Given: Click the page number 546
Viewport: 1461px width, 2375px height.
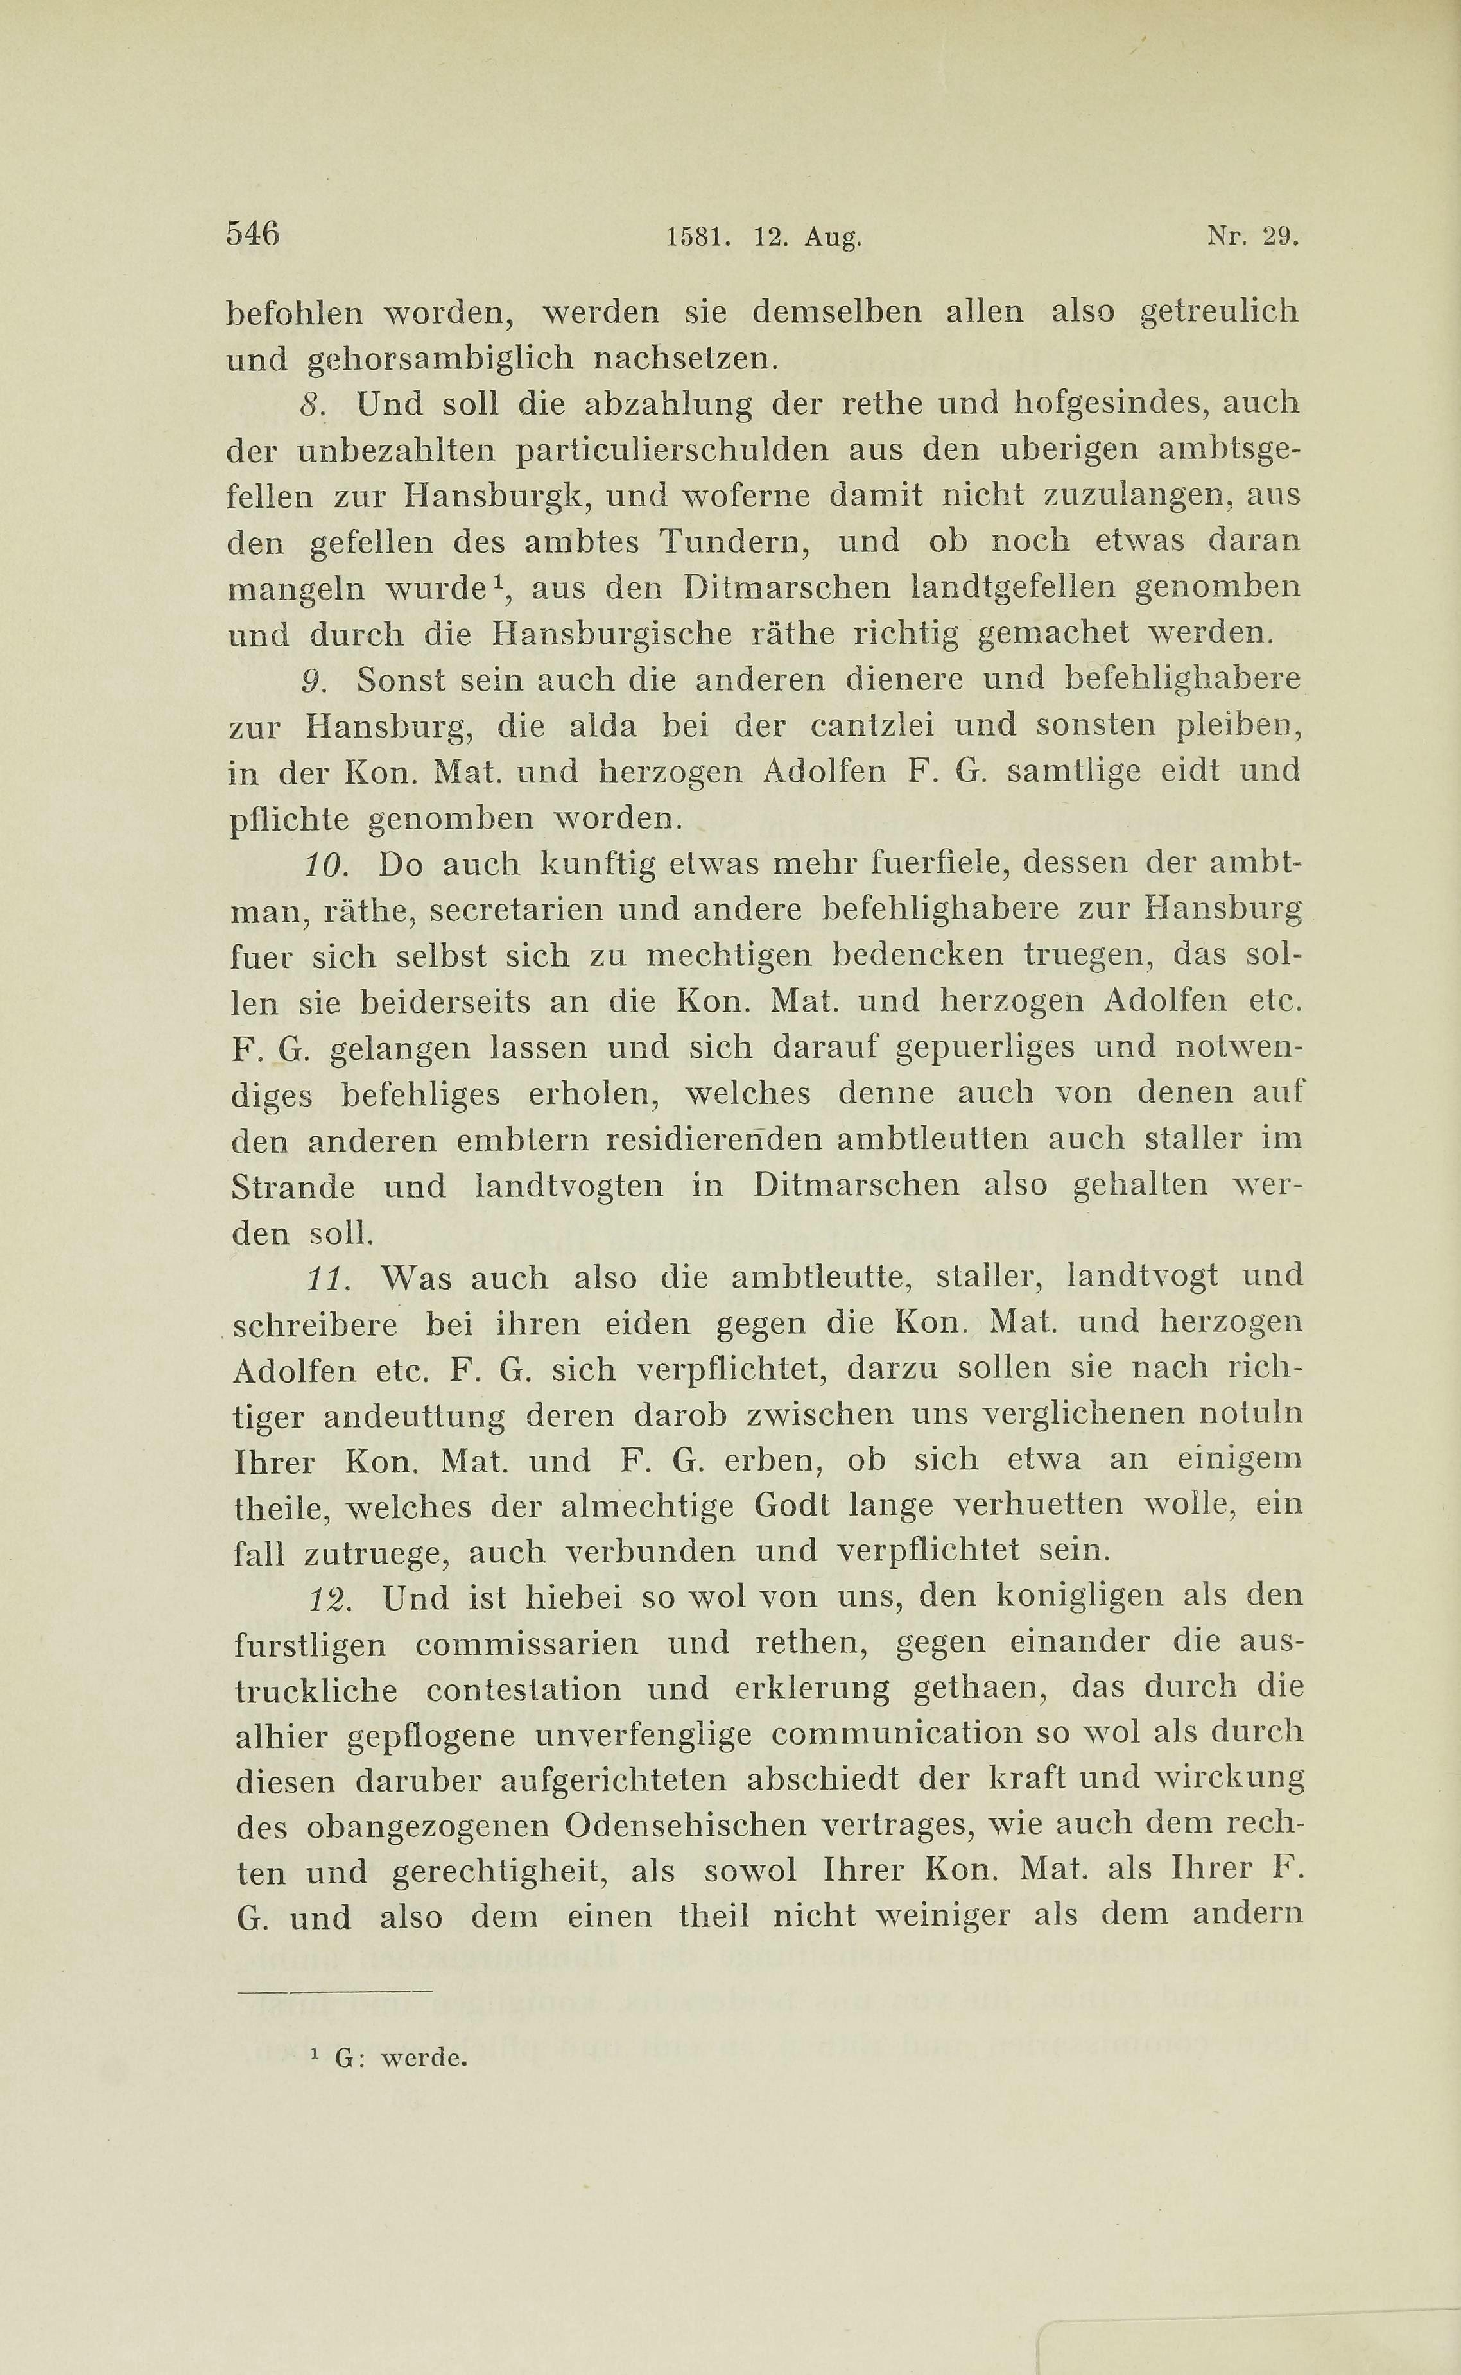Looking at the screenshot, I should pyautogui.click(x=252, y=234).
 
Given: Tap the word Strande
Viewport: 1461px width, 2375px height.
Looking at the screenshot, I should pyautogui.click(x=293, y=1187).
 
